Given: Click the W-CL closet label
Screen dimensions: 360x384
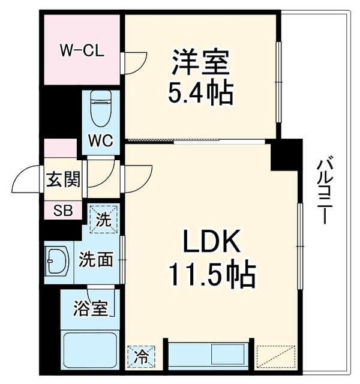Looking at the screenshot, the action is (82, 51).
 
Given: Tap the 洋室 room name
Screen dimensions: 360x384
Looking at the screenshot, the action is (201, 62).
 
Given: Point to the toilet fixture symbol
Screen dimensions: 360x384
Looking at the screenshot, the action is (101, 109).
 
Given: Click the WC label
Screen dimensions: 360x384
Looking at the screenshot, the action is (101, 140).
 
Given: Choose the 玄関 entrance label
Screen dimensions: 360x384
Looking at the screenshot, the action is (64, 179).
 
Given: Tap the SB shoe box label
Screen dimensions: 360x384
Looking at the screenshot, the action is (63, 210).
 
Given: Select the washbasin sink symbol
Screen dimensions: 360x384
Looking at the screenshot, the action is (57, 262).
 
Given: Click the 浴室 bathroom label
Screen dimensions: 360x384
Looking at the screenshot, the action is (91, 308).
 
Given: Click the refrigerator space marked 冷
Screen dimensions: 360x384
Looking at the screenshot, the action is (142, 356).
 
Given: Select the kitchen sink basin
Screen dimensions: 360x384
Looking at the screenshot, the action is (228, 353).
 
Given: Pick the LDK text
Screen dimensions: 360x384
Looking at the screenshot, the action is (212, 241).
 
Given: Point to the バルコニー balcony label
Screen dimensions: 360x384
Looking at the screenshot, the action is (325, 191).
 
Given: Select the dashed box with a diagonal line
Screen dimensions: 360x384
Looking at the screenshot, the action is (276, 356).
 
